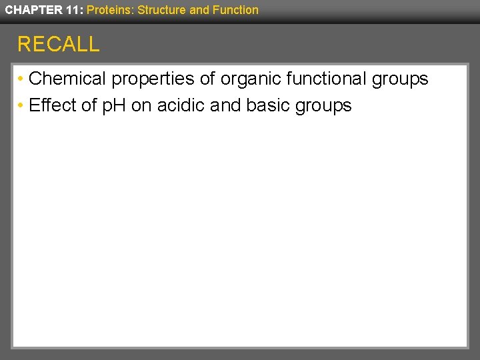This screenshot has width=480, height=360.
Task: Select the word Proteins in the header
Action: pyautogui.click(x=110, y=9)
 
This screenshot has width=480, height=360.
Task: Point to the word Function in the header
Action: pyautogui.click(x=234, y=9)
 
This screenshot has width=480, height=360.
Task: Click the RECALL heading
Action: pyautogui.click(x=58, y=44)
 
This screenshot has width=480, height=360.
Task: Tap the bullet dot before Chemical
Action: pyautogui.click(x=21, y=79)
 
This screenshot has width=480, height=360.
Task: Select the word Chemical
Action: pyautogui.click(x=68, y=79)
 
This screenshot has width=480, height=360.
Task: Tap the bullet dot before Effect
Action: pyautogui.click(x=21, y=106)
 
